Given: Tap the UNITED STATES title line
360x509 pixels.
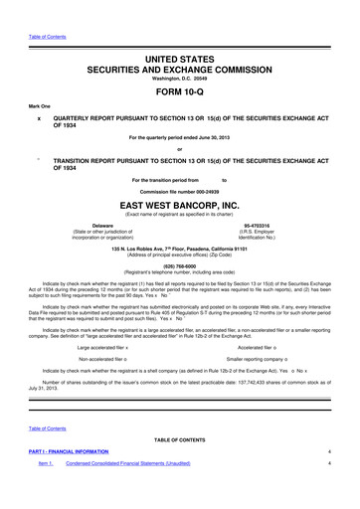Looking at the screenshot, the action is [x=180, y=35].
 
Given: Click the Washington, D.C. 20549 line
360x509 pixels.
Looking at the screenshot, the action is [x=180, y=62].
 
